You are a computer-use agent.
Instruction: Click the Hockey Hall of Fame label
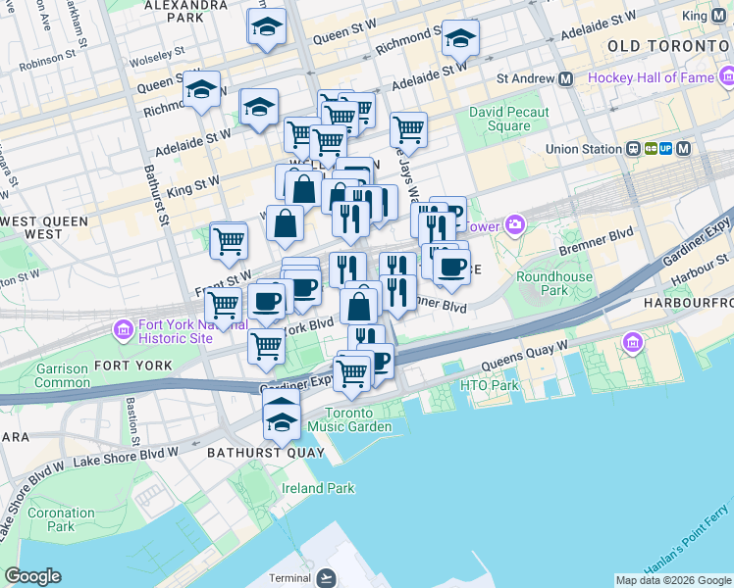coord(648,77)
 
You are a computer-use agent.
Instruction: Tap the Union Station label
coord(586,149)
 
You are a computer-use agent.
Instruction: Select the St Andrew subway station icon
coord(565,77)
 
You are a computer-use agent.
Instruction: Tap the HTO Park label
coord(489,385)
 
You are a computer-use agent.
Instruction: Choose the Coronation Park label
coord(61,519)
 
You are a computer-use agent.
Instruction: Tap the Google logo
coord(31,576)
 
